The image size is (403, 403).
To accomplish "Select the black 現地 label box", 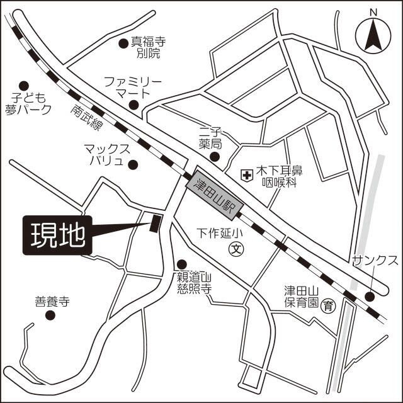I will point(57,236).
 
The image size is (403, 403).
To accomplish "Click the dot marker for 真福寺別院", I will point(123,43).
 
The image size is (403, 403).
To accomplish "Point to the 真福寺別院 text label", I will point(148,48).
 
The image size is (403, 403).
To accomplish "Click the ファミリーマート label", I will point(133,88).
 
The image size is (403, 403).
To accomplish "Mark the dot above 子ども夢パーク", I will point(24,85).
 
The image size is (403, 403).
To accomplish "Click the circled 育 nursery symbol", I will point(328,307).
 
